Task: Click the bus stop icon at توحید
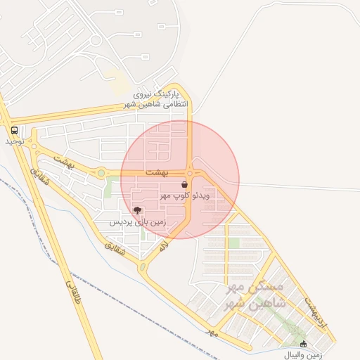pyautogui.click(x=14, y=130)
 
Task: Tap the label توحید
pyautogui.click(x=15, y=141)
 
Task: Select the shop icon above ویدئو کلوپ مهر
pyautogui.click(x=184, y=184)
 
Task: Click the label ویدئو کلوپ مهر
pyautogui.click(x=186, y=194)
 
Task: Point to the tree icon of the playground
pyautogui.click(x=137, y=210)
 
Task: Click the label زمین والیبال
pyautogui.click(x=304, y=354)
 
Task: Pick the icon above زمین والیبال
pyautogui.click(x=304, y=344)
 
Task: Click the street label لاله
pyautogui.click(x=164, y=246)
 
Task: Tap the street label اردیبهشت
pyautogui.click(x=317, y=310)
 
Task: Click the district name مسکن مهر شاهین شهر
pyautogui.click(x=252, y=296)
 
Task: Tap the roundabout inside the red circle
pyautogui.click(x=191, y=173)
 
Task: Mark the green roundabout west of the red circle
pyautogui.click(x=101, y=172)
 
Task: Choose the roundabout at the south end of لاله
pyautogui.click(x=143, y=267)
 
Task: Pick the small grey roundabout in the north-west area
pyautogui.click(x=96, y=40)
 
